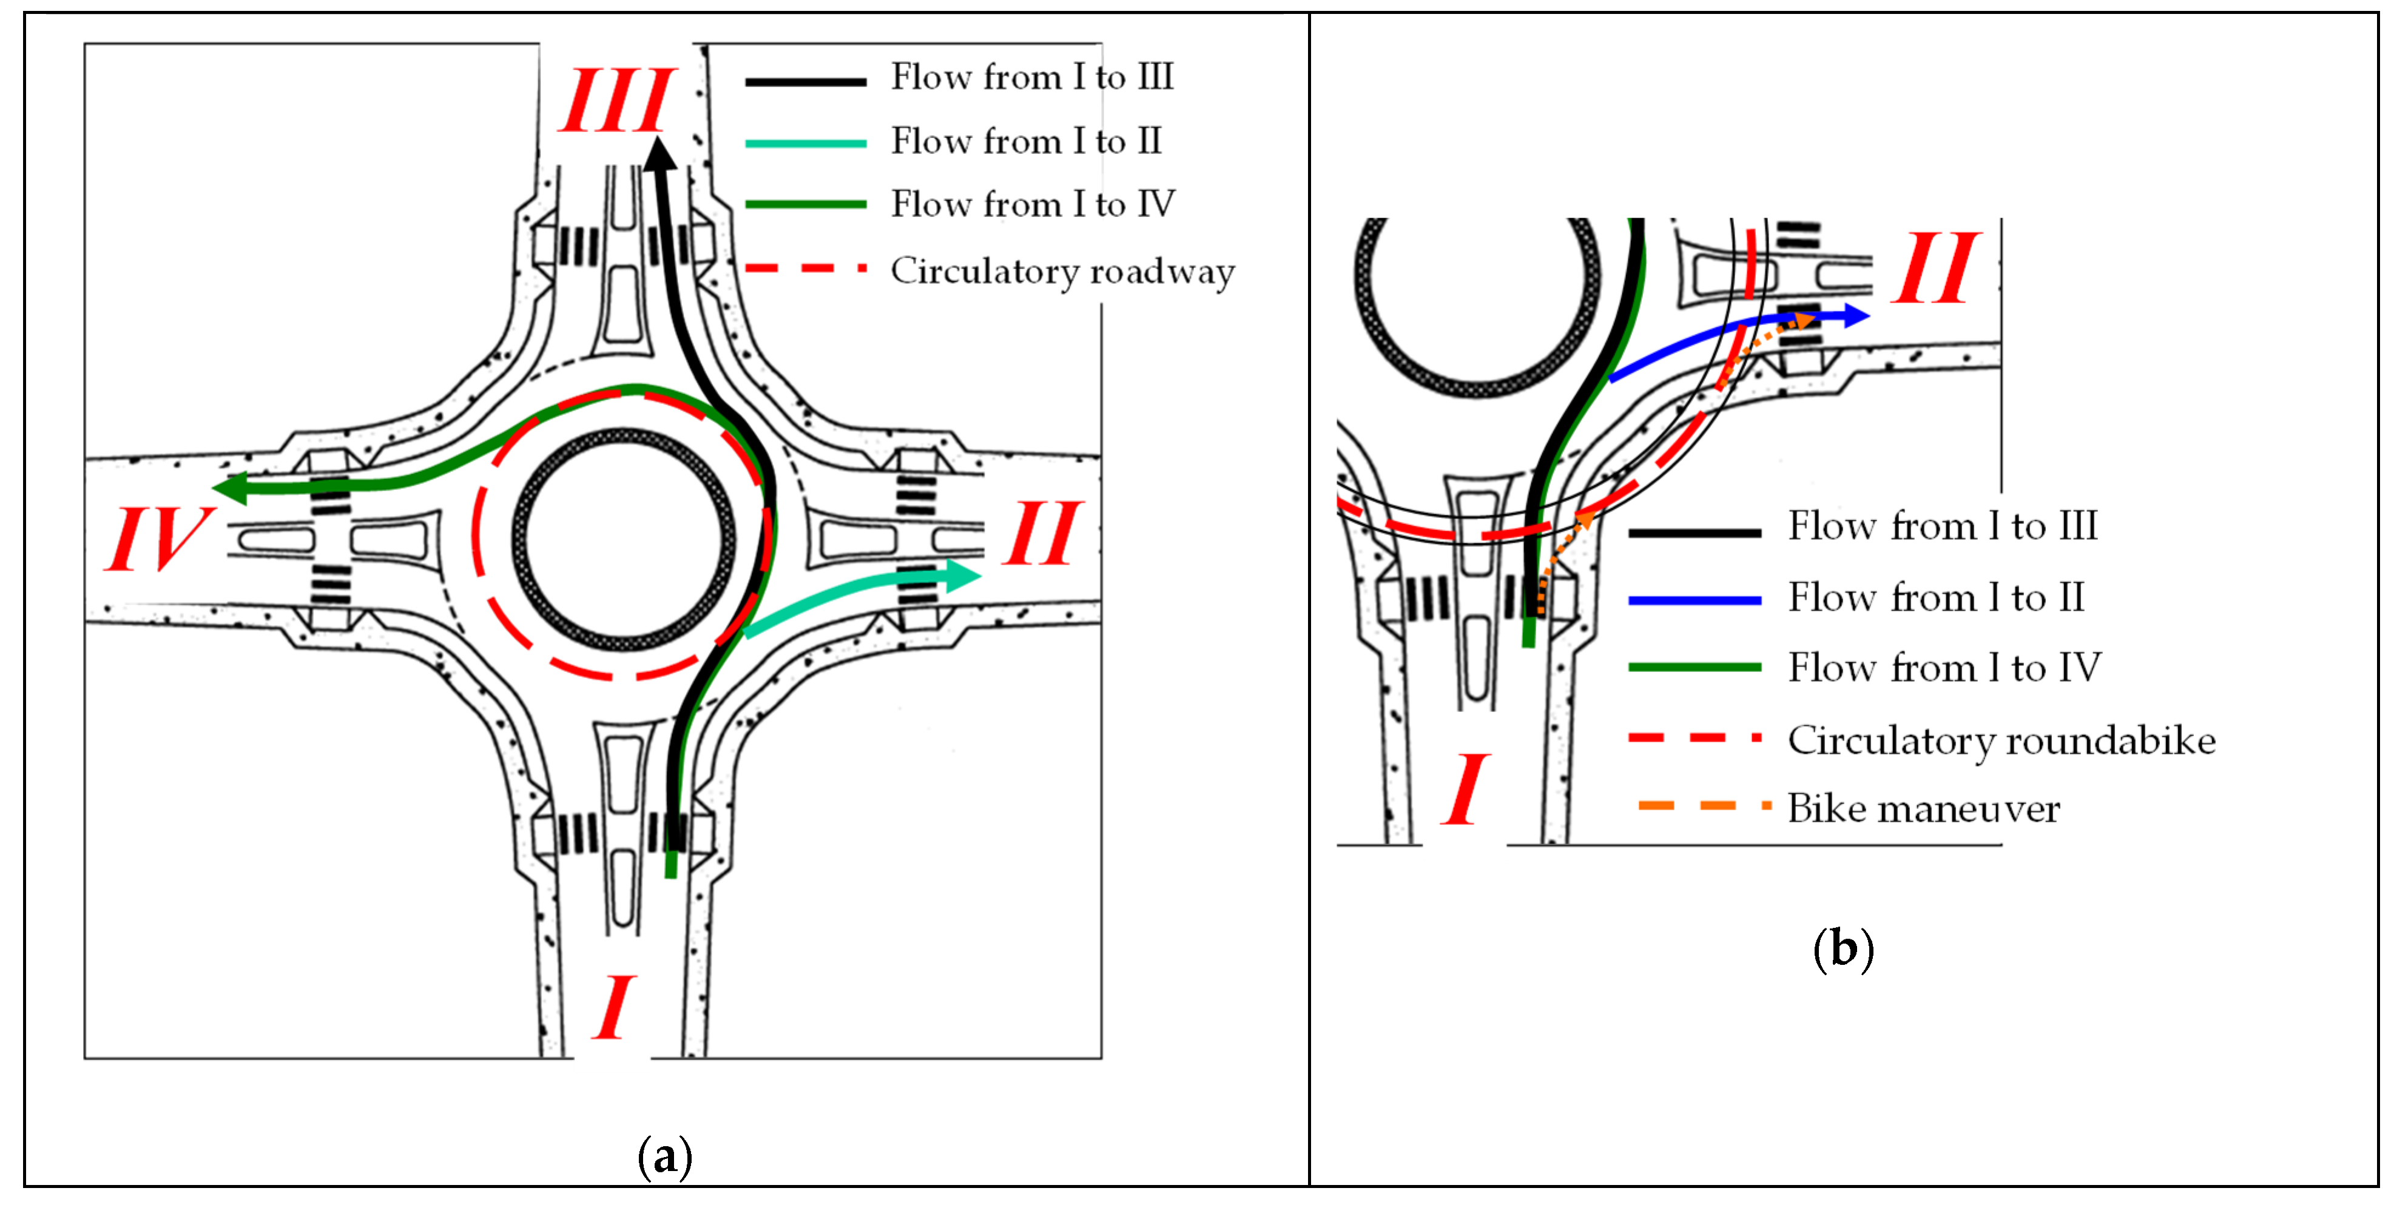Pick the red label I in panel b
[1466, 790]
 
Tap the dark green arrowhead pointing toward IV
[231, 488]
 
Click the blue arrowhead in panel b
[1856, 316]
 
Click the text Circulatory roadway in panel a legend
[1062, 271]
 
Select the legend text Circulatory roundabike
[2001, 740]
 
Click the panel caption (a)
[664, 1156]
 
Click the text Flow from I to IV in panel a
[1033, 204]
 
